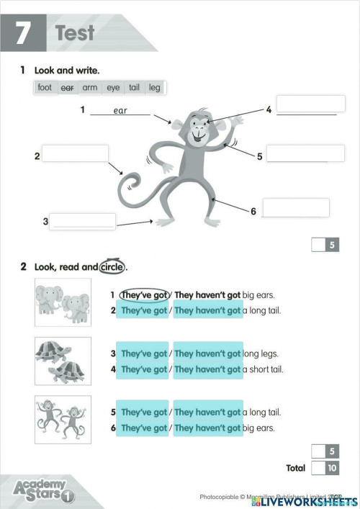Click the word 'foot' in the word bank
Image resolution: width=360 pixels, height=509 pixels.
(45, 88)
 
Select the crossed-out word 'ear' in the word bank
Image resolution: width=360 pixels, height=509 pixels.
(68, 88)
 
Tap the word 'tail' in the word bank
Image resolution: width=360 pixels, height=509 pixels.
(134, 88)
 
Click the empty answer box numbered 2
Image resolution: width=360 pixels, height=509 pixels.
(75, 153)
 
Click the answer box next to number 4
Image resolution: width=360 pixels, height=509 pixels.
(305, 104)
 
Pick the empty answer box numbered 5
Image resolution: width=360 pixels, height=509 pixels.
(305, 153)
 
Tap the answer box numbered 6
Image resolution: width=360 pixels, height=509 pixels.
(295, 207)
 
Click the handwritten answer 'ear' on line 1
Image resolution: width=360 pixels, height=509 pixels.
(120, 111)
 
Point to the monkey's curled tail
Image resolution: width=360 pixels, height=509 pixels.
(130, 184)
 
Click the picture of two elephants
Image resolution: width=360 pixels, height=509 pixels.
(63, 302)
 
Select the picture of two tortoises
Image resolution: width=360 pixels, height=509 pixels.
(63, 361)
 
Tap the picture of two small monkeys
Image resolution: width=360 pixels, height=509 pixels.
(63, 419)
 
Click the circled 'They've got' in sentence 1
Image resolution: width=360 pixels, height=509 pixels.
(144, 294)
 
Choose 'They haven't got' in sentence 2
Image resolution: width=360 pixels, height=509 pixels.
(207, 310)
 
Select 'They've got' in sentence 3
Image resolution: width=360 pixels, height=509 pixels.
(144, 353)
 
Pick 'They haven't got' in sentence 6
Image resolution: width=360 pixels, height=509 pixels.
(207, 428)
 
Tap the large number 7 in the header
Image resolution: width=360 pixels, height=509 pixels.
(24, 34)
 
